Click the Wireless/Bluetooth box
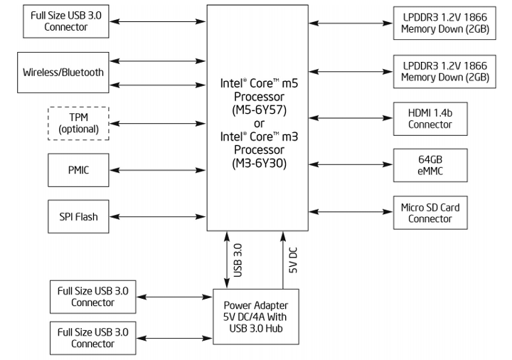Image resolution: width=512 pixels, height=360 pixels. pyautogui.click(x=63, y=72)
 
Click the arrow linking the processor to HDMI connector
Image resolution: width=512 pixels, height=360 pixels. pyautogui.click(x=351, y=119)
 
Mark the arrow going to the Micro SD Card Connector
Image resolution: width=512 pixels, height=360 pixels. pyautogui.click(x=351, y=213)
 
